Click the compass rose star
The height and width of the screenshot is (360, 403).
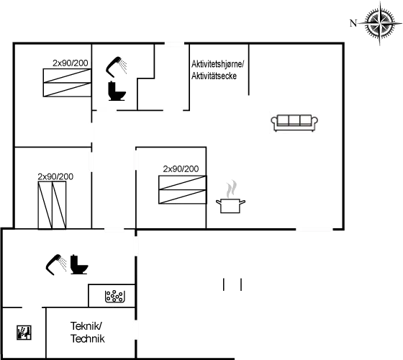pyautogui.click(x=380, y=22)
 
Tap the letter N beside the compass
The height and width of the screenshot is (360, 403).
pyautogui.click(x=353, y=23)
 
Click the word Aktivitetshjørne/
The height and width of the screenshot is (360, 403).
pyautogui.click(x=217, y=64)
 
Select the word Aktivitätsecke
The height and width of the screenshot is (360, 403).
pyautogui.click(x=214, y=76)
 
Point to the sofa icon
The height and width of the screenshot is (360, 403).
pyautogui.click(x=294, y=123)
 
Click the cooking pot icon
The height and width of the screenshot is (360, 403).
pyautogui.click(x=230, y=205)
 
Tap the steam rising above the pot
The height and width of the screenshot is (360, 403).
pyautogui.click(x=231, y=189)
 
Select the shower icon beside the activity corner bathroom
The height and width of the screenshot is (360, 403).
pyautogui.click(x=116, y=66)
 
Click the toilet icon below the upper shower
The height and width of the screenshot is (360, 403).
pyautogui.click(x=117, y=91)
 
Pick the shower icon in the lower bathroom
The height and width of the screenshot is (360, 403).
pyautogui.click(x=56, y=265)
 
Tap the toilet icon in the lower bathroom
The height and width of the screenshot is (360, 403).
pyautogui.click(x=79, y=264)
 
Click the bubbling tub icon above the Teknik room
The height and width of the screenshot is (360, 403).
pyautogui.click(x=115, y=296)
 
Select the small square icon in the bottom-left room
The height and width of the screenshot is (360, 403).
pyautogui.click(x=24, y=333)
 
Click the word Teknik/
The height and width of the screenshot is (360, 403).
pyautogui.click(x=86, y=326)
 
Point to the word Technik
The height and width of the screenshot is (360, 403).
pyautogui.click(x=88, y=338)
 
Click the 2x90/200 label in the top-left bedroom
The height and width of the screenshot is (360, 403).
pyautogui.click(x=71, y=63)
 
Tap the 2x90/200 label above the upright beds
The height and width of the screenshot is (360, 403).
pyautogui.click(x=55, y=176)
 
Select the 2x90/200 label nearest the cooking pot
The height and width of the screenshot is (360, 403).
pyautogui.click(x=181, y=169)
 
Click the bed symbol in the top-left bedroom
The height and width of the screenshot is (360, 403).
pyautogui.click(x=67, y=83)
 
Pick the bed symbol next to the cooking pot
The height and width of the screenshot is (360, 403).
pyautogui.click(x=183, y=190)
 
